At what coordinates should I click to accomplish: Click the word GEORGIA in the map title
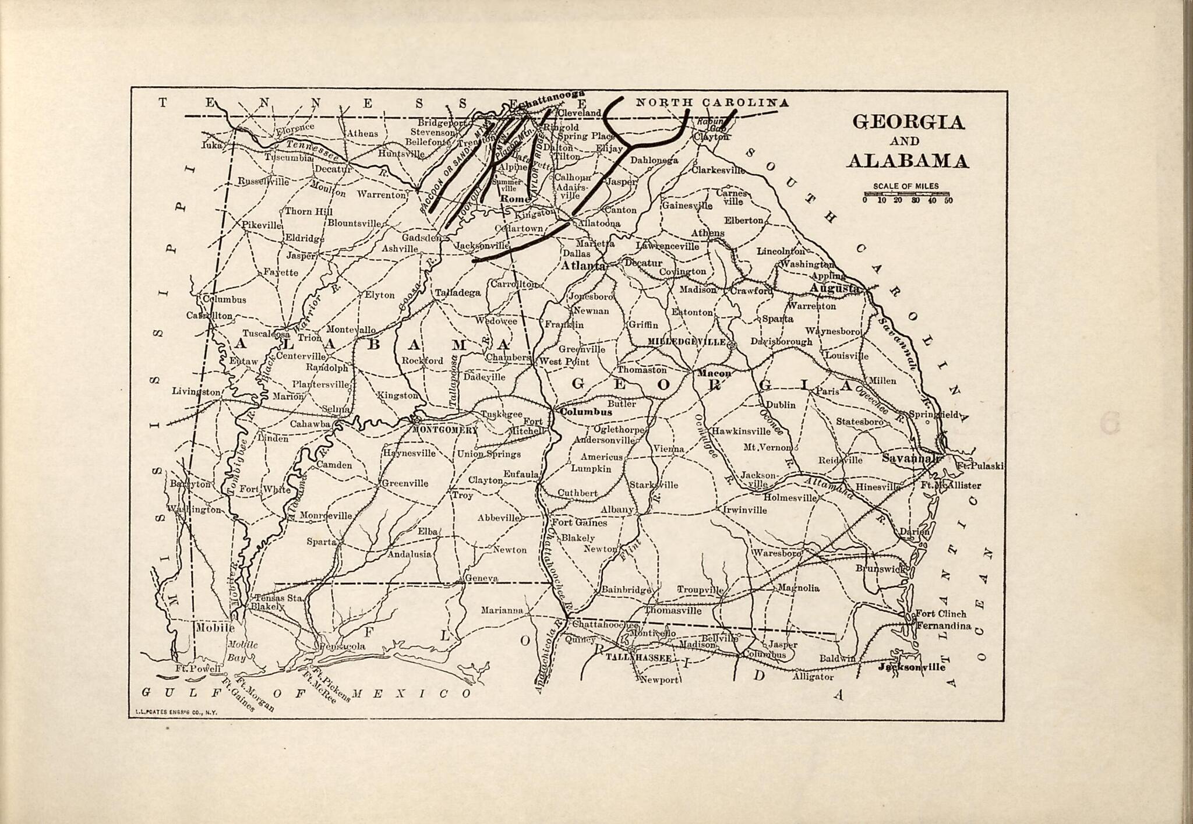click(908, 122)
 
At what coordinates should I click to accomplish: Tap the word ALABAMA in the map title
click(908, 161)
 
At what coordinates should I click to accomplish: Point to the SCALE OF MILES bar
click(906, 193)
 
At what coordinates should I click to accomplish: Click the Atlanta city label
click(583, 266)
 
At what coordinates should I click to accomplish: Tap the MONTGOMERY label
click(444, 430)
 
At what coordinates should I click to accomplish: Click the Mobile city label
click(215, 628)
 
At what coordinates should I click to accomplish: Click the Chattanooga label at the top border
click(550, 100)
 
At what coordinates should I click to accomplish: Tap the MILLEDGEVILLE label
click(687, 341)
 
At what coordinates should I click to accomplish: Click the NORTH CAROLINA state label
click(711, 103)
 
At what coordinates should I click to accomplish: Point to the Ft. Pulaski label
click(979, 466)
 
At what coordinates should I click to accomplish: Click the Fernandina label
click(943, 626)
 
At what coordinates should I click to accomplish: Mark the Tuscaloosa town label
click(266, 334)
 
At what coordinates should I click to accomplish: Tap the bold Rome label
click(514, 199)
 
